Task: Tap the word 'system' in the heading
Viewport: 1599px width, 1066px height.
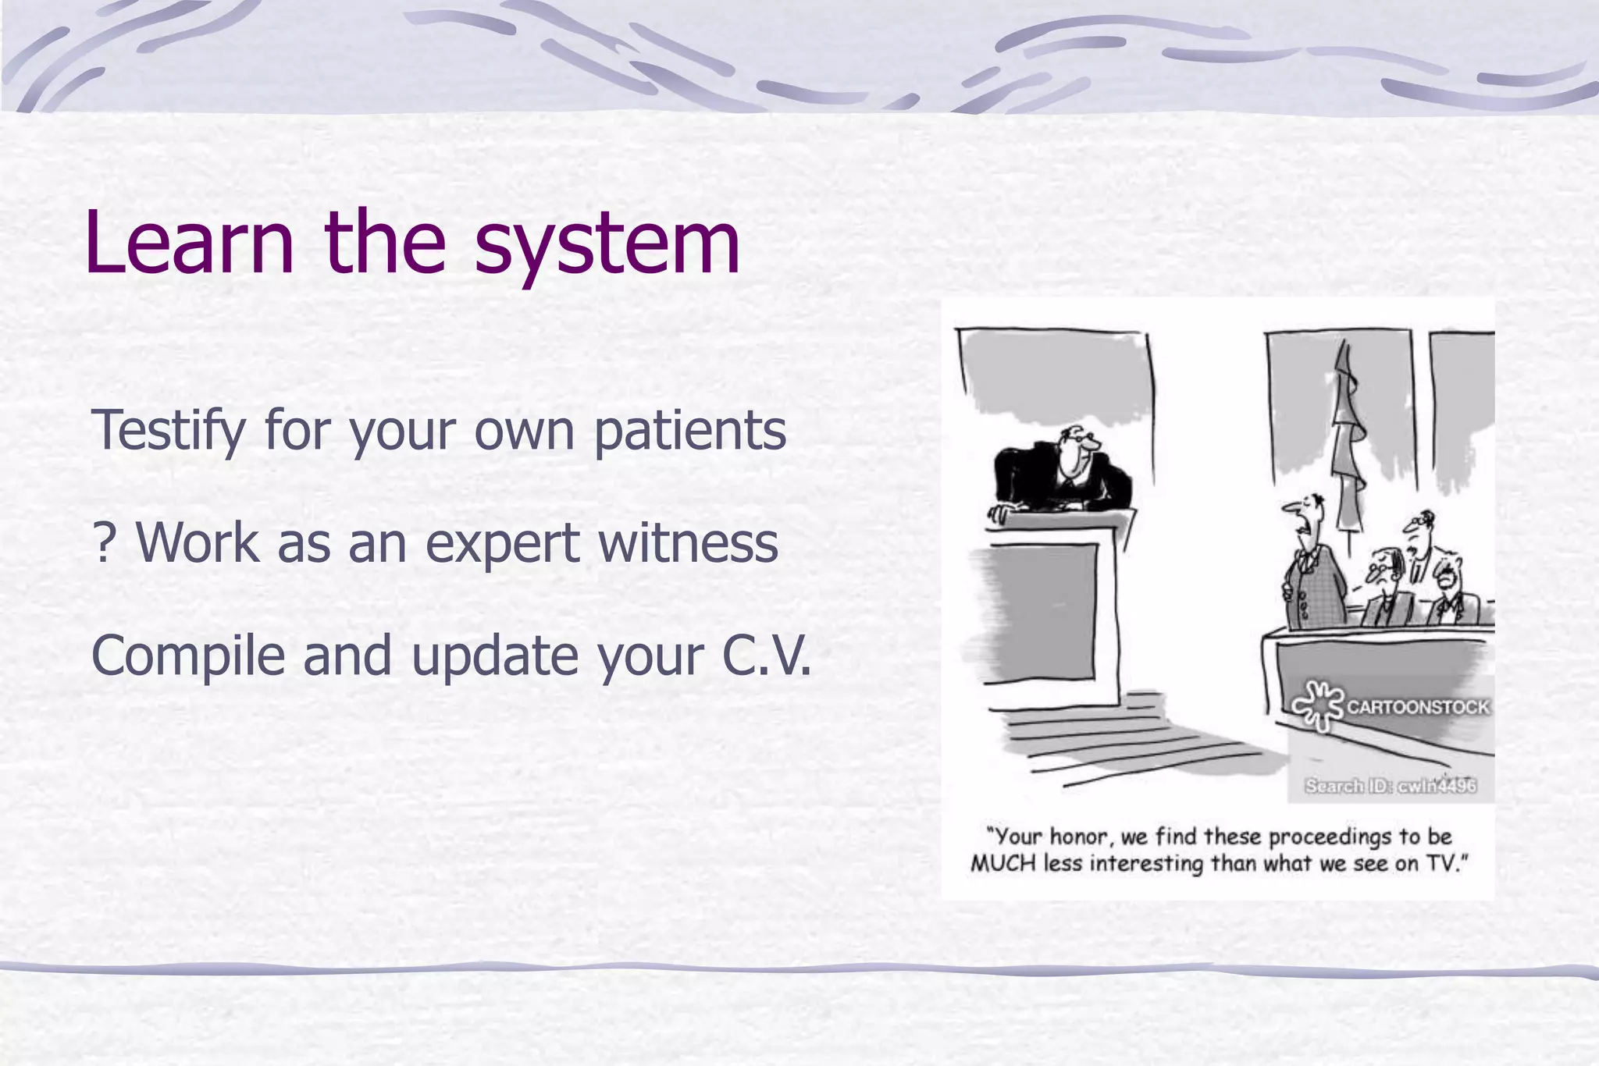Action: click(607, 246)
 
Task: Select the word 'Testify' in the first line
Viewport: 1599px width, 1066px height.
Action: click(169, 431)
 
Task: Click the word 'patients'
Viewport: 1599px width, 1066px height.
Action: click(689, 431)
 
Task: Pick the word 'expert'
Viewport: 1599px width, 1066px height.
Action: click(503, 543)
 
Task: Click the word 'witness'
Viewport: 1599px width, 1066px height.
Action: click(688, 543)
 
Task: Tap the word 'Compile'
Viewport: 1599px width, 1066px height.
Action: click(188, 656)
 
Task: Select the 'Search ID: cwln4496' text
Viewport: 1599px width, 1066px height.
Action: click(1391, 785)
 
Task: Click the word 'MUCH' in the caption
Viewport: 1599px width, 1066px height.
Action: click(1003, 864)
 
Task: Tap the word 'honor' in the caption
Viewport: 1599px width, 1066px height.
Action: click(1077, 837)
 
